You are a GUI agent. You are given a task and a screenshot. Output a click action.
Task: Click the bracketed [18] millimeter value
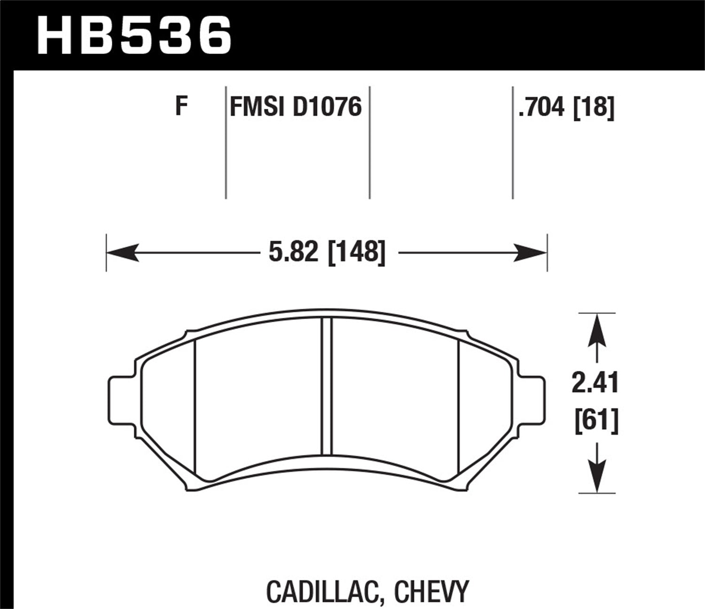coord(594,107)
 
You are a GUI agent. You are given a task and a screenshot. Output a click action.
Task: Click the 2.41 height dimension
coord(595,383)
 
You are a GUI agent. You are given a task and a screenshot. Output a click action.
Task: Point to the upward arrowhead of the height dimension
coord(596,329)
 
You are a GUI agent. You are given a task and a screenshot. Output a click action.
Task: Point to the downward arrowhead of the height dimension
coord(596,477)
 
